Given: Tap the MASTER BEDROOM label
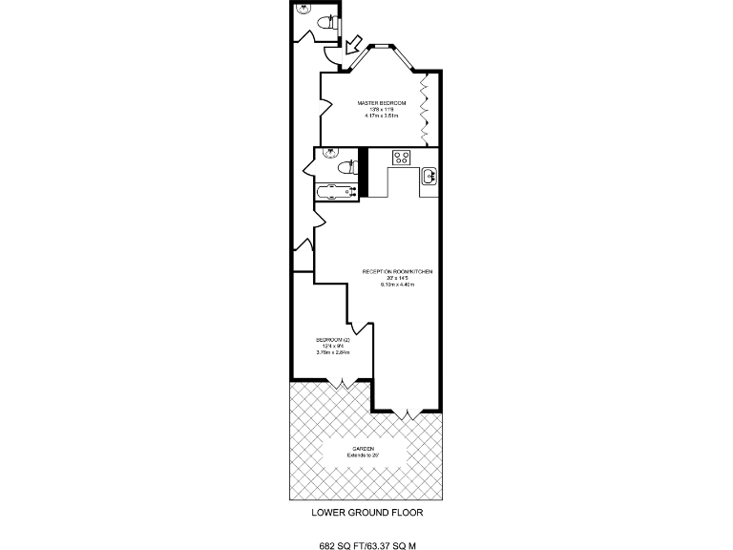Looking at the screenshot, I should (x=382, y=102).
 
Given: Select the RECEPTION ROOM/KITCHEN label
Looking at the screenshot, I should (x=397, y=271).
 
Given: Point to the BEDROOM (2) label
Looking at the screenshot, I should (x=334, y=340).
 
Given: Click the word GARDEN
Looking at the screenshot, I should (x=364, y=449).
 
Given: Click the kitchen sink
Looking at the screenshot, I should (x=429, y=175).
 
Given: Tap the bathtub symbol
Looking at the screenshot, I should (x=336, y=189).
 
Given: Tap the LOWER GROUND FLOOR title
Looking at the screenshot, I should (x=366, y=512).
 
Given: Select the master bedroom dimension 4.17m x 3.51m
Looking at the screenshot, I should (x=382, y=116).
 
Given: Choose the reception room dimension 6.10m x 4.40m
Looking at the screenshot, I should (x=397, y=285).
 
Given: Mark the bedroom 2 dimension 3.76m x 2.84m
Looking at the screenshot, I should (x=334, y=353).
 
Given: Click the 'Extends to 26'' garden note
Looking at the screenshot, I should (x=364, y=455).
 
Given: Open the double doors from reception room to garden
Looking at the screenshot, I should (x=407, y=412).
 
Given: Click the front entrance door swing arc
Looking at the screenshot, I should (x=330, y=57).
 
